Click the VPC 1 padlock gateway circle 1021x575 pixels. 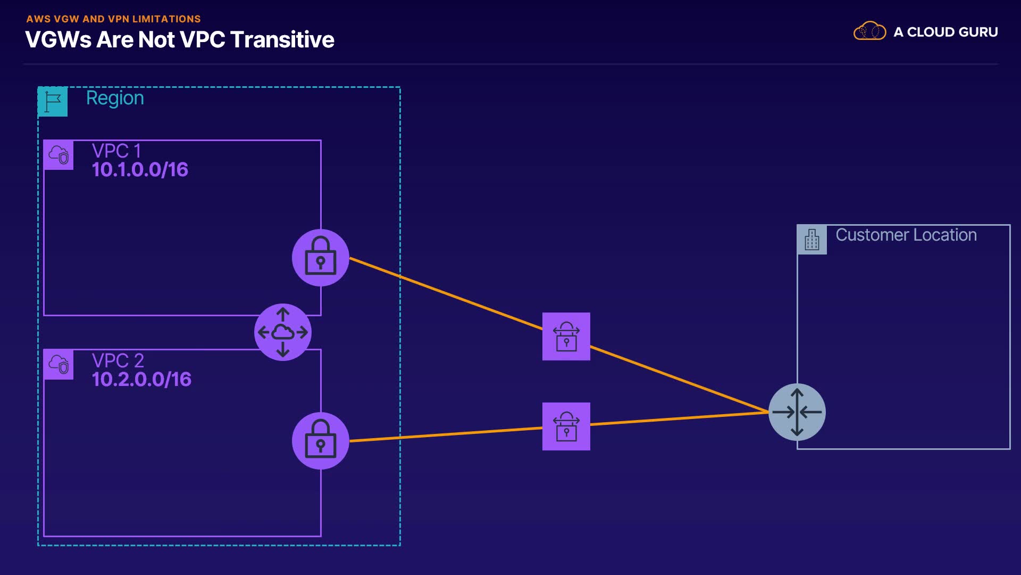click(x=321, y=258)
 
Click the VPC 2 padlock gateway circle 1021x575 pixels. click(x=321, y=441)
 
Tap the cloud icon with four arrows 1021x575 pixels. click(x=283, y=332)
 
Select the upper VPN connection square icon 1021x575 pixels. click(x=566, y=336)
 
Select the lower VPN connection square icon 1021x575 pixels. click(x=566, y=426)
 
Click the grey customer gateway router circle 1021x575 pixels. click(x=797, y=412)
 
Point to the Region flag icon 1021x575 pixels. click(x=53, y=101)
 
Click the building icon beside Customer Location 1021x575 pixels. click(x=812, y=240)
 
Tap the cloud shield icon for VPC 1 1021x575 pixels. click(x=58, y=155)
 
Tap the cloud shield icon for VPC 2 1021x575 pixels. click(x=58, y=365)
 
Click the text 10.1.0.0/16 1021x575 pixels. click(x=140, y=170)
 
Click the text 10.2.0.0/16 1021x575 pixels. click(x=141, y=380)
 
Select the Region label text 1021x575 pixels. click(x=115, y=98)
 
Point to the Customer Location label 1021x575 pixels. click(x=906, y=235)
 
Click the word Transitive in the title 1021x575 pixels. click(x=282, y=40)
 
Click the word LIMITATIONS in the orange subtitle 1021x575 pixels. click(x=166, y=19)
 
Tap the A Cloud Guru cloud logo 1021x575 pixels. click(x=869, y=31)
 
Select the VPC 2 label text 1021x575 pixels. click(x=118, y=360)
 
